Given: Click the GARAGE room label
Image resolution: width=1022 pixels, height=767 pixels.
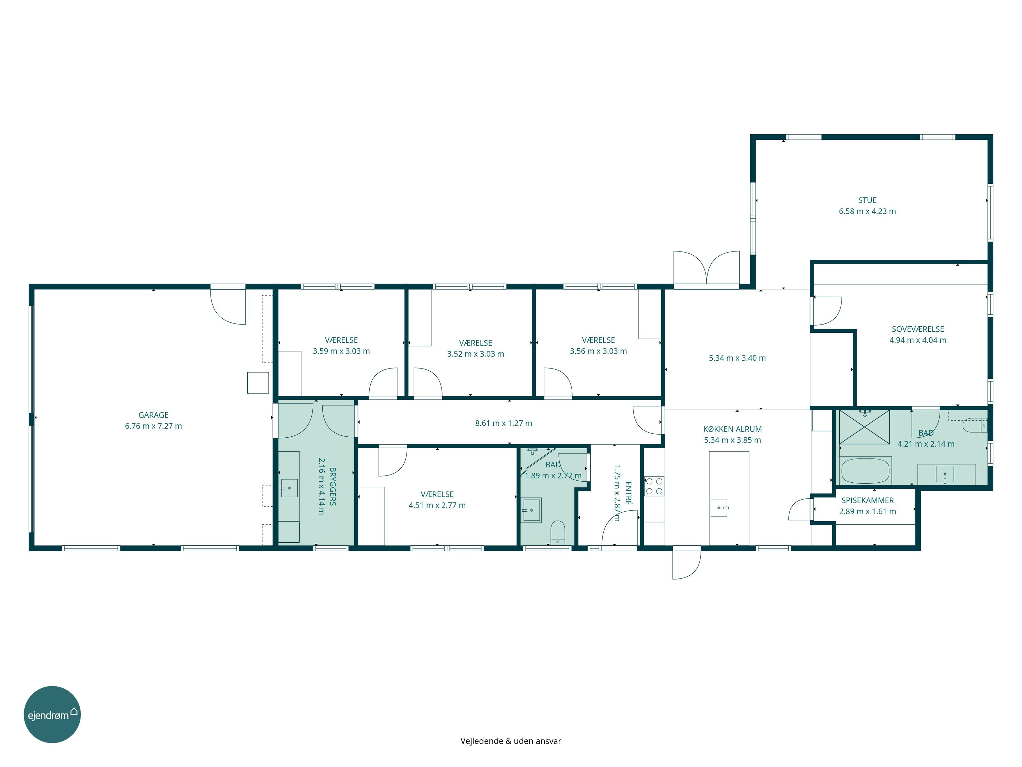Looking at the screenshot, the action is click(153, 415).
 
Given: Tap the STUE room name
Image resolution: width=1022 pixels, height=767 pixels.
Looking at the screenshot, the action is click(867, 200).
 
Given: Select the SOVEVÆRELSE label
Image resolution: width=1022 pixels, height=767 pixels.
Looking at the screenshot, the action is click(917, 329).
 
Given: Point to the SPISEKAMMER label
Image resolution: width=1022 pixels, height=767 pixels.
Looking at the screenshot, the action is click(867, 500).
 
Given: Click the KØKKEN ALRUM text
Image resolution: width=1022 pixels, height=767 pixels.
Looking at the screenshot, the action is click(732, 429).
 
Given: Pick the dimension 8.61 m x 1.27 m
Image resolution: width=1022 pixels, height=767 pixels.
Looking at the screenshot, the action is click(504, 423).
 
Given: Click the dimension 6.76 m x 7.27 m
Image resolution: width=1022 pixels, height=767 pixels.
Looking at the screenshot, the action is click(153, 426).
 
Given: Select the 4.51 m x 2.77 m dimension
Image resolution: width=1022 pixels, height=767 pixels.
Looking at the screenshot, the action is click(437, 505).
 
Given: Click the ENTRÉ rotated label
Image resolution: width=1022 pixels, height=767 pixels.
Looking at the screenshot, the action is click(628, 493).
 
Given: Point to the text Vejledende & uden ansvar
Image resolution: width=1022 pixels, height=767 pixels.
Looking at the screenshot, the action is click(511, 741).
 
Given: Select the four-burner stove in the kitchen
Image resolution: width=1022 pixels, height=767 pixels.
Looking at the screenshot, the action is click(654, 486).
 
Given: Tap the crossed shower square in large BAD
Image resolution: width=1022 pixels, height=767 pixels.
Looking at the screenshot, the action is click(864, 427).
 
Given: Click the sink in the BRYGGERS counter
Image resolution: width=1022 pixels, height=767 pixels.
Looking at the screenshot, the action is click(289, 488).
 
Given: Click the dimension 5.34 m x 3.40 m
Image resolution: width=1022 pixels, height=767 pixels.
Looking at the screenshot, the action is click(737, 358).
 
